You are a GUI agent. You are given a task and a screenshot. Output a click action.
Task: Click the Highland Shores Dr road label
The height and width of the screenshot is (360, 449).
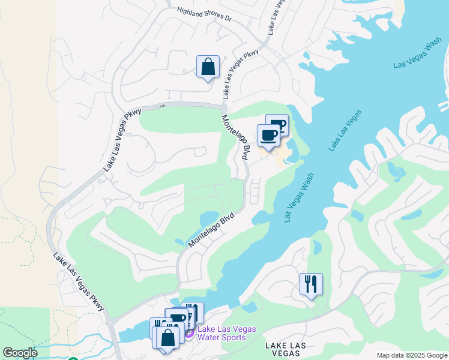pos(204,15)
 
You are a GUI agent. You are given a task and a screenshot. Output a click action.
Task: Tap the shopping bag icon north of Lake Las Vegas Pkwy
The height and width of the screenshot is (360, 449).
pos(208,67)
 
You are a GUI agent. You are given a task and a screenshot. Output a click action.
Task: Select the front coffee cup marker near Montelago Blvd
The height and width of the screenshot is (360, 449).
pos(268,136)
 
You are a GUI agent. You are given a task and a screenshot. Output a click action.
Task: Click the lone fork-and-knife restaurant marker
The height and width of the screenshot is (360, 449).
pos(311,284)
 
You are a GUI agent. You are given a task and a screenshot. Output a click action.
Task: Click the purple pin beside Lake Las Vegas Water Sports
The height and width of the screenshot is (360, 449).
pos(189,333)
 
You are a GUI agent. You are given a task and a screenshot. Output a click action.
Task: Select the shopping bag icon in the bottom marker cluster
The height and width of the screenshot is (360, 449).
pos(170,337)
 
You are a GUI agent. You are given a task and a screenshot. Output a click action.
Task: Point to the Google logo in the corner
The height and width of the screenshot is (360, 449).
pos(19,353)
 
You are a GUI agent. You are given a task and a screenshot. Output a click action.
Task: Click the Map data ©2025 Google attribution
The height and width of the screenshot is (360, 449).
pos(412,355)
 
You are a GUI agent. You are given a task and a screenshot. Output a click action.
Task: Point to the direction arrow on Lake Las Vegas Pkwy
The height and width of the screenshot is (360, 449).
pos(162,106)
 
